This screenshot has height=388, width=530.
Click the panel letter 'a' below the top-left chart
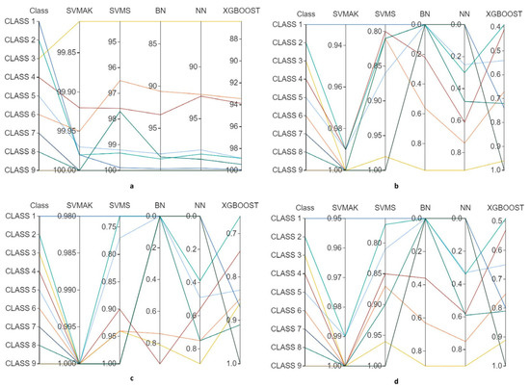click(x=131, y=186)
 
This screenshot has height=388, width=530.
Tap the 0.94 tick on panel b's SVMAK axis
click(x=333, y=45)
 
